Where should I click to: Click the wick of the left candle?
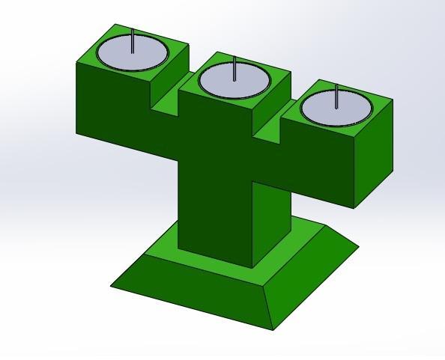click(x=133, y=41)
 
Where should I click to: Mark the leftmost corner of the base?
click(x=112, y=285)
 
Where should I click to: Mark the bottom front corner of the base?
click(x=273, y=330)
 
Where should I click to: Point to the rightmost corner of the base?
click(x=359, y=248)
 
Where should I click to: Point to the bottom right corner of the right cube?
click(x=355, y=207)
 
